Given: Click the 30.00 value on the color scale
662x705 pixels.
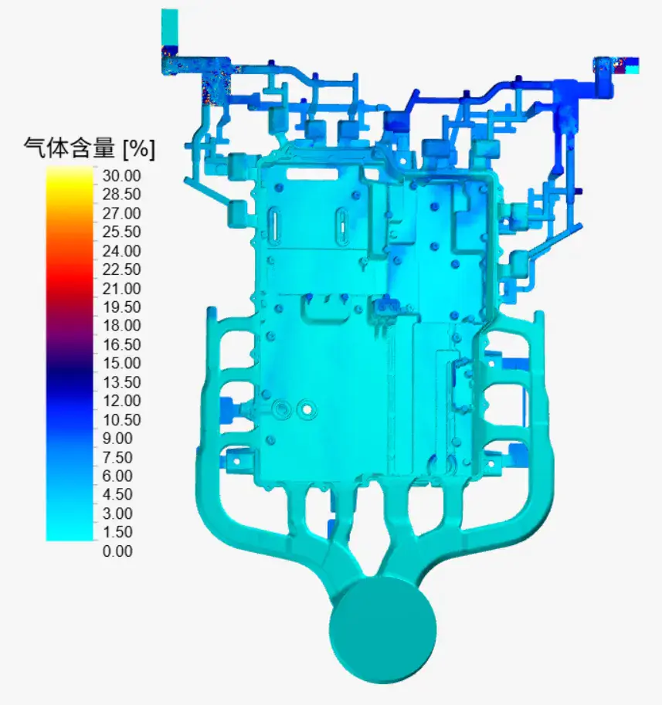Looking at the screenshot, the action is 121,175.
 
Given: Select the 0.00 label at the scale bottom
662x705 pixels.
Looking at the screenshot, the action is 117,551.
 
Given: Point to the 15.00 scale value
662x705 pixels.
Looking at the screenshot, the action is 121,363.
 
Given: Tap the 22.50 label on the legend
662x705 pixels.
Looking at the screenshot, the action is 121,269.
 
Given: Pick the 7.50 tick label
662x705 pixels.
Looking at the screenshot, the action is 117,457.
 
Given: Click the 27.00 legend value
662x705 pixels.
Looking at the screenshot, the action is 121,213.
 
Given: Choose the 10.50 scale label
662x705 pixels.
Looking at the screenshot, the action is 121,419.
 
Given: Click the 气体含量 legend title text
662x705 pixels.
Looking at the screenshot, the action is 70,147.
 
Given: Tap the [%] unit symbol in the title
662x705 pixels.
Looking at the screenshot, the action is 139,148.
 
